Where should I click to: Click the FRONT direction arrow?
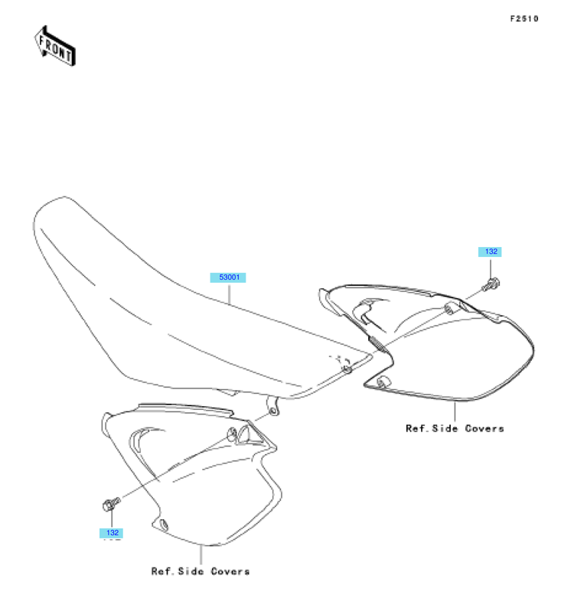click(x=55, y=47)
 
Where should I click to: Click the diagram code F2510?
click(x=524, y=18)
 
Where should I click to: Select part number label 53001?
click(x=228, y=278)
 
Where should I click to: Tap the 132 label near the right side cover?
click(x=490, y=252)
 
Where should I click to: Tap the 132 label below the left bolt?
click(x=111, y=533)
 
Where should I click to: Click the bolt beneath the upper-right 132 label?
click(x=491, y=284)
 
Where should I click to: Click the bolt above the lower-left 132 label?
click(x=112, y=503)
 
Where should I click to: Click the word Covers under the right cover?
click(x=484, y=428)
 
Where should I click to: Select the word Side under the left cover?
click(x=191, y=571)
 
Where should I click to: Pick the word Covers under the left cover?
click(x=230, y=571)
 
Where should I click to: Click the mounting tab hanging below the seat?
click(x=272, y=407)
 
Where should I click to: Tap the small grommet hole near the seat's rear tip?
click(x=347, y=369)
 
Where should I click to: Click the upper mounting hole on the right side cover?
click(x=448, y=309)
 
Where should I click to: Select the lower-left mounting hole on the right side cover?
click(x=383, y=382)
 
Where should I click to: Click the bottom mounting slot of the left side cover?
click(x=164, y=525)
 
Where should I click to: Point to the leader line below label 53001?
click(x=229, y=293)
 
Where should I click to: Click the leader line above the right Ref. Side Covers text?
click(x=455, y=411)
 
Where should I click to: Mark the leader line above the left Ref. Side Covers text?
click(x=201, y=554)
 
